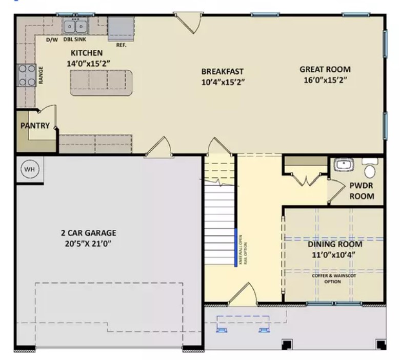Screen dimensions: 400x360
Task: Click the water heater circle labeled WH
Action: click(x=30, y=169)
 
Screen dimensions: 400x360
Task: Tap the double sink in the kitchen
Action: click(x=75, y=26)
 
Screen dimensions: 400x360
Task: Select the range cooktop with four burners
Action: click(x=27, y=75)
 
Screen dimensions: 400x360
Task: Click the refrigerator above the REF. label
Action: click(x=121, y=29)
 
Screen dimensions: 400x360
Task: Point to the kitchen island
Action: click(x=101, y=83)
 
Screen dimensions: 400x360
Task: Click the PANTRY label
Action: click(x=35, y=126)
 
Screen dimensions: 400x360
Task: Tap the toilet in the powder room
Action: click(x=370, y=168)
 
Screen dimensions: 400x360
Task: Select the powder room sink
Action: click(x=344, y=165)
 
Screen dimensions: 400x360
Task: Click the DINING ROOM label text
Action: click(x=335, y=244)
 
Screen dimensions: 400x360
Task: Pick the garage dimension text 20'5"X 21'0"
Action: click(x=88, y=244)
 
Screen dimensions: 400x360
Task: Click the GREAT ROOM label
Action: click(x=325, y=69)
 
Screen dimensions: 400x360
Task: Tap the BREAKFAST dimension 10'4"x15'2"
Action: click(x=223, y=82)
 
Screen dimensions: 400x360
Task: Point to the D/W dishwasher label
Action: click(x=52, y=40)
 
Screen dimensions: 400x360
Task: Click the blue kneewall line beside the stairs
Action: click(x=236, y=248)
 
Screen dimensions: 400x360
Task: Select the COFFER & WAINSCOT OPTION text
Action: click(x=334, y=278)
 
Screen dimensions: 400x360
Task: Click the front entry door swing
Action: click(x=244, y=294)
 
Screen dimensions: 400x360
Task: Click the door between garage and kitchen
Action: click(x=159, y=147)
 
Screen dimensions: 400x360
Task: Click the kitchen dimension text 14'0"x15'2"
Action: click(x=89, y=63)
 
